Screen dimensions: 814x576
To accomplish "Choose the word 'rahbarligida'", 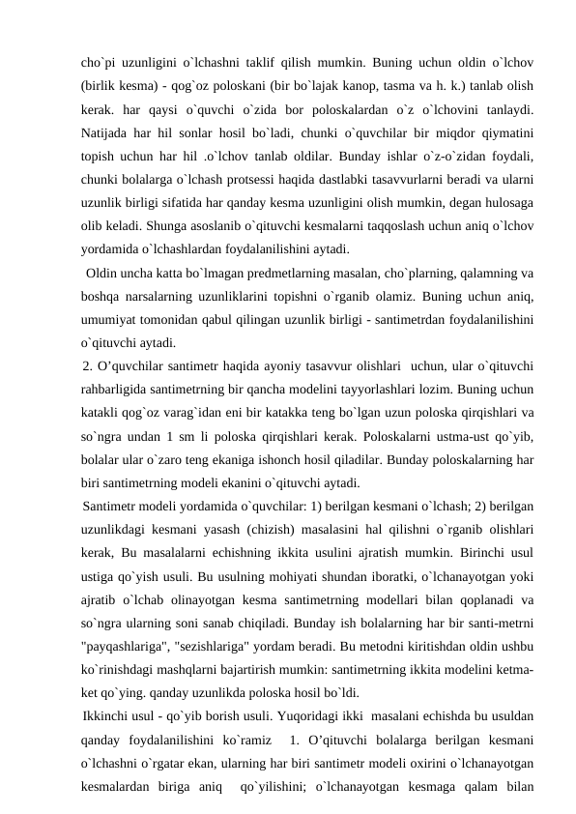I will pos(117,390).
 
